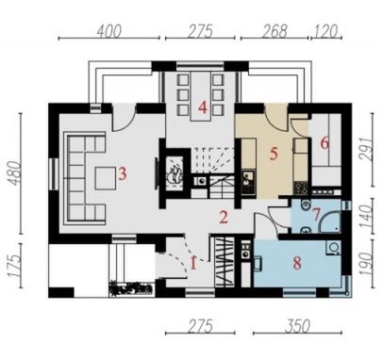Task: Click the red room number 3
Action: (122, 173)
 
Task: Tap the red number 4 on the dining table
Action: (203, 107)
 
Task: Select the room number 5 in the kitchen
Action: (274, 154)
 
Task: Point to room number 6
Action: (325, 143)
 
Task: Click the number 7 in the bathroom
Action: (316, 215)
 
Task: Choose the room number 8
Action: (297, 263)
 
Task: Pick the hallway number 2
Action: (224, 218)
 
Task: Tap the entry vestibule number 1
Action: (193, 263)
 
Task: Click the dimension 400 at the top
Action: (108, 32)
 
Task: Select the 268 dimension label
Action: (275, 31)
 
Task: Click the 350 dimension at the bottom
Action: (297, 326)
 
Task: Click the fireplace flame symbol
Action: (175, 175)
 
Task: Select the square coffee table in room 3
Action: (106, 178)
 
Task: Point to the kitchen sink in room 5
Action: (247, 177)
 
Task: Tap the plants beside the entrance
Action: (130, 288)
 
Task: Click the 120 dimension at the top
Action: (325, 31)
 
